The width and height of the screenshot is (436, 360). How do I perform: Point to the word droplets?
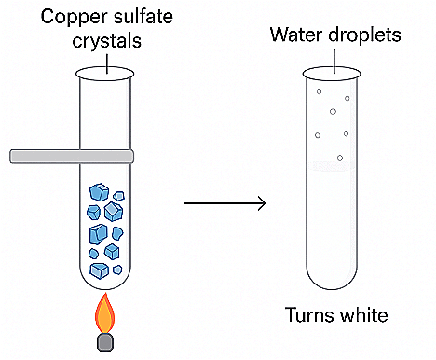[363, 35]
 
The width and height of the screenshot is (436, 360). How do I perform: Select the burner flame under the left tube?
[106, 312]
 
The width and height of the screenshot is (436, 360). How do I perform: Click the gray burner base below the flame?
[106, 342]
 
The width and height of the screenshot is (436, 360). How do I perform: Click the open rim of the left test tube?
[106, 72]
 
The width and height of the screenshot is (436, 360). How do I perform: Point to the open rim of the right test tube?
[333, 72]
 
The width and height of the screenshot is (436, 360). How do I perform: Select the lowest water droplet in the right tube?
[340, 159]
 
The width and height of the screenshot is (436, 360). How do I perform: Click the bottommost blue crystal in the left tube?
[101, 270]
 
